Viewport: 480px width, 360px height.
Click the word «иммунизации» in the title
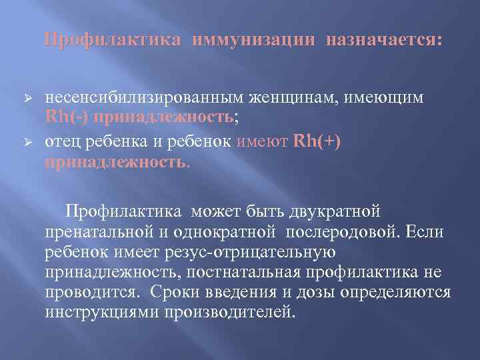[253, 41]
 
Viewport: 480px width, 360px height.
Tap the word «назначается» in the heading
[383, 41]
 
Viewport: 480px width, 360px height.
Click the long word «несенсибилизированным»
[137, 98]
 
